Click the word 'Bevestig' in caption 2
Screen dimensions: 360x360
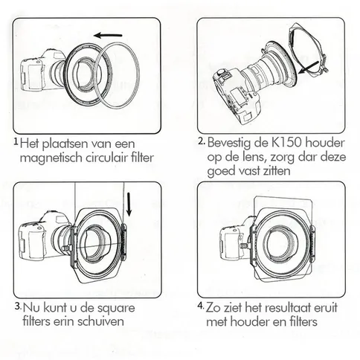tap(231, 142)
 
